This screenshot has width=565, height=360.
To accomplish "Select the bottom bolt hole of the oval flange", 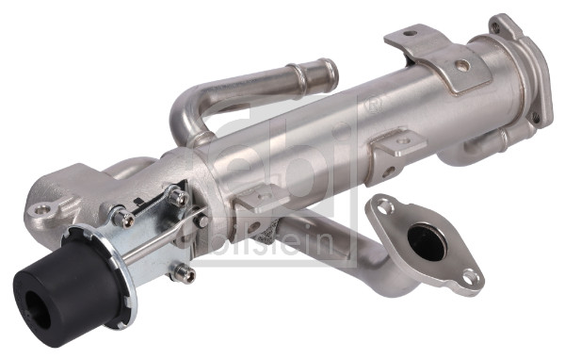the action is (469, 278).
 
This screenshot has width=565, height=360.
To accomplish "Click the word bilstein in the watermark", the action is (273, 239).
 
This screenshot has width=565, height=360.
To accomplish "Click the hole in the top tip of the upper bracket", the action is (410, 34).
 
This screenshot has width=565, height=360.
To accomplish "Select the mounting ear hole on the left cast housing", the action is (42, 209).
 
